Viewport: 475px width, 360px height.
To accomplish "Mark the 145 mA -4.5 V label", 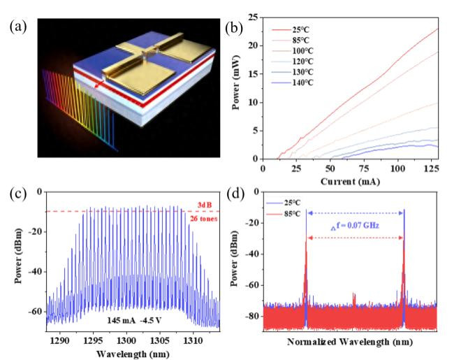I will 136,319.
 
